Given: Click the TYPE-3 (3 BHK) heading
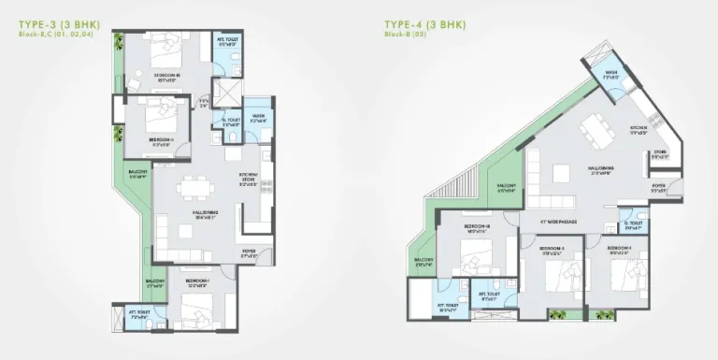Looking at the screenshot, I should (x=59, y=22).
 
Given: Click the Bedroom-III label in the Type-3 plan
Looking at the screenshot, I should (x=168, y=77).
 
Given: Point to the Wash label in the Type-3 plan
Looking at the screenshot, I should (x=259, y=117).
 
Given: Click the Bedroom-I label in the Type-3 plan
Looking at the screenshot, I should (x=197, y=282).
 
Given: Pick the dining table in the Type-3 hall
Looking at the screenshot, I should (x=194, y=185).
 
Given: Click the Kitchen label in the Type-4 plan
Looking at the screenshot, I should (x=639, y=130).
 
